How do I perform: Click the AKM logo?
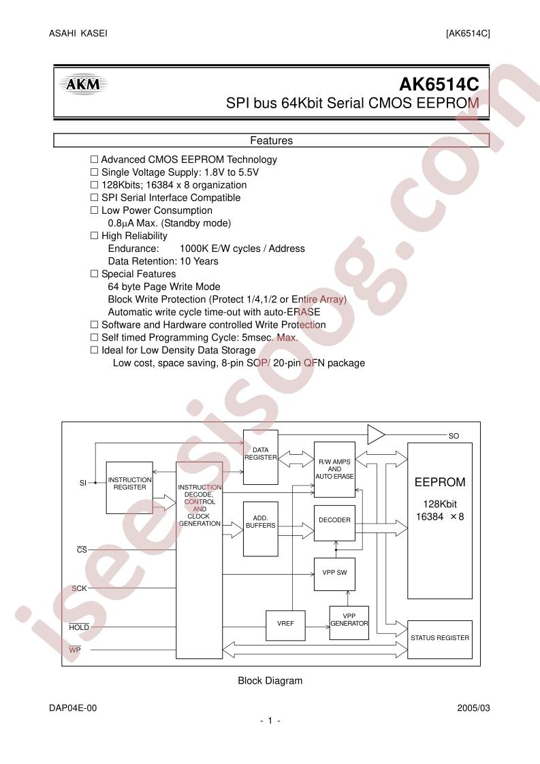coord(83,85)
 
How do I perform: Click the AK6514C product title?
coord(439,85)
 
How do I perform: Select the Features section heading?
coord(272,140)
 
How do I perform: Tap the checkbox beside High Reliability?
coord(95,236)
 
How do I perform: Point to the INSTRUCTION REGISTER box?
coord(129,488)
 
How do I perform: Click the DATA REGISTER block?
coord(261,457)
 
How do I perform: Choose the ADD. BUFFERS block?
coord(261,528)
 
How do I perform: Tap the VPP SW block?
coord(334,574)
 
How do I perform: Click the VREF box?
coord(285,626)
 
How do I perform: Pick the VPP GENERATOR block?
coord(349,623)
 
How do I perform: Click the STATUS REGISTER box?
coord(440,639)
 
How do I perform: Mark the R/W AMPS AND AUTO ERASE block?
coord(334,469)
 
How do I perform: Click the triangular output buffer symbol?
coord(376,434)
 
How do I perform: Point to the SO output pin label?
coord(454,436)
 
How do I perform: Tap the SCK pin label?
coord(79,588)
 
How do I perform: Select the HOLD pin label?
coord(79,627)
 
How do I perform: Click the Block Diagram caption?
coord(270,681)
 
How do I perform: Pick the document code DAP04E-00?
coord(73,708)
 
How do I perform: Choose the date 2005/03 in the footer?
coord(474,708)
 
